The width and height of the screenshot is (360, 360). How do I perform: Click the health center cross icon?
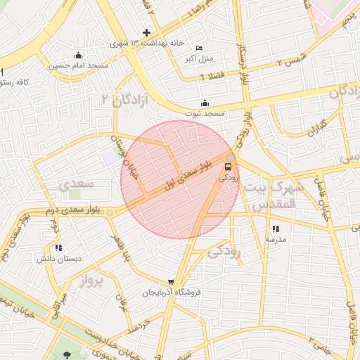(x=146, y=32)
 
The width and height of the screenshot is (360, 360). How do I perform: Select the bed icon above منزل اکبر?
(x=199, y=47)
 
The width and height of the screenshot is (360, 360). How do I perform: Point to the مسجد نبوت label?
(x=205, y=112)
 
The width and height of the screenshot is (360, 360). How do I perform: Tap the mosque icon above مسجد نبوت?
(x=205, y=103)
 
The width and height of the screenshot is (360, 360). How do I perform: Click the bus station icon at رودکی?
(x=228, y=167)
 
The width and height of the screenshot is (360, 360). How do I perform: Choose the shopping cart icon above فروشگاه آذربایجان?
(x=171, y=283)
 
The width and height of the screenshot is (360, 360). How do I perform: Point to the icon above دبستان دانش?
(x=58, y=248)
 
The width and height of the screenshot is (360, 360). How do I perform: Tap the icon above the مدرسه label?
(x=275, y=229)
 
